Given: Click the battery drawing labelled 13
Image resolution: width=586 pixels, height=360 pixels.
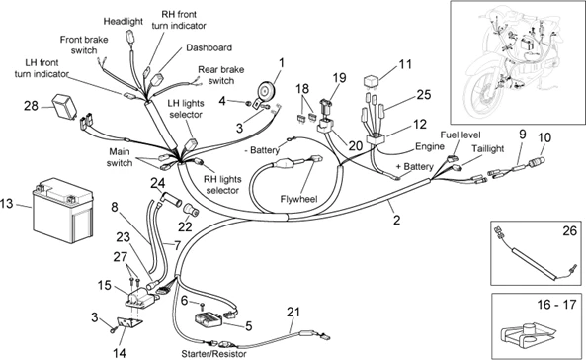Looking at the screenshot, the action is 63,210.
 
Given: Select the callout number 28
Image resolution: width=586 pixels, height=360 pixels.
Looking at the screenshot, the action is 31,106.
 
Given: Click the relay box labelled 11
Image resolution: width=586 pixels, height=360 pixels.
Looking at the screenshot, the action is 372,81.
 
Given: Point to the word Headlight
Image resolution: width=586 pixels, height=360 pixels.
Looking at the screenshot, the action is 123,22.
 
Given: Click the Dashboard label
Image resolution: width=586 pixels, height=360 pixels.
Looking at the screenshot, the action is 209,47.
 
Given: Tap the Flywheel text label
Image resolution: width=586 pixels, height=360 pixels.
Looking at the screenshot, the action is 298,199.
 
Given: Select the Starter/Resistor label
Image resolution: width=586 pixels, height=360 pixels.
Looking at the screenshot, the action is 213,354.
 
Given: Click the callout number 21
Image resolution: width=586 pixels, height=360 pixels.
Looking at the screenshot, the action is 293,312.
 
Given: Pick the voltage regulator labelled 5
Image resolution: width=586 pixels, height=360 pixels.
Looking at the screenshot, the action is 209,320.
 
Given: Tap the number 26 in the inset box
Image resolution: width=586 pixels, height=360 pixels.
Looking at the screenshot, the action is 569,230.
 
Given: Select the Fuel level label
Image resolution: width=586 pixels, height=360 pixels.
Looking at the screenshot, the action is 460,135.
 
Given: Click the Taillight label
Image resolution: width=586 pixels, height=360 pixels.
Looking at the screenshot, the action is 488,149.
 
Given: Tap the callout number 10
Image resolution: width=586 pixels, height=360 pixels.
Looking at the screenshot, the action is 544,138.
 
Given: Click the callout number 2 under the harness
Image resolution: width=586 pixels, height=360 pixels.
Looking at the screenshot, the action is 396,220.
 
